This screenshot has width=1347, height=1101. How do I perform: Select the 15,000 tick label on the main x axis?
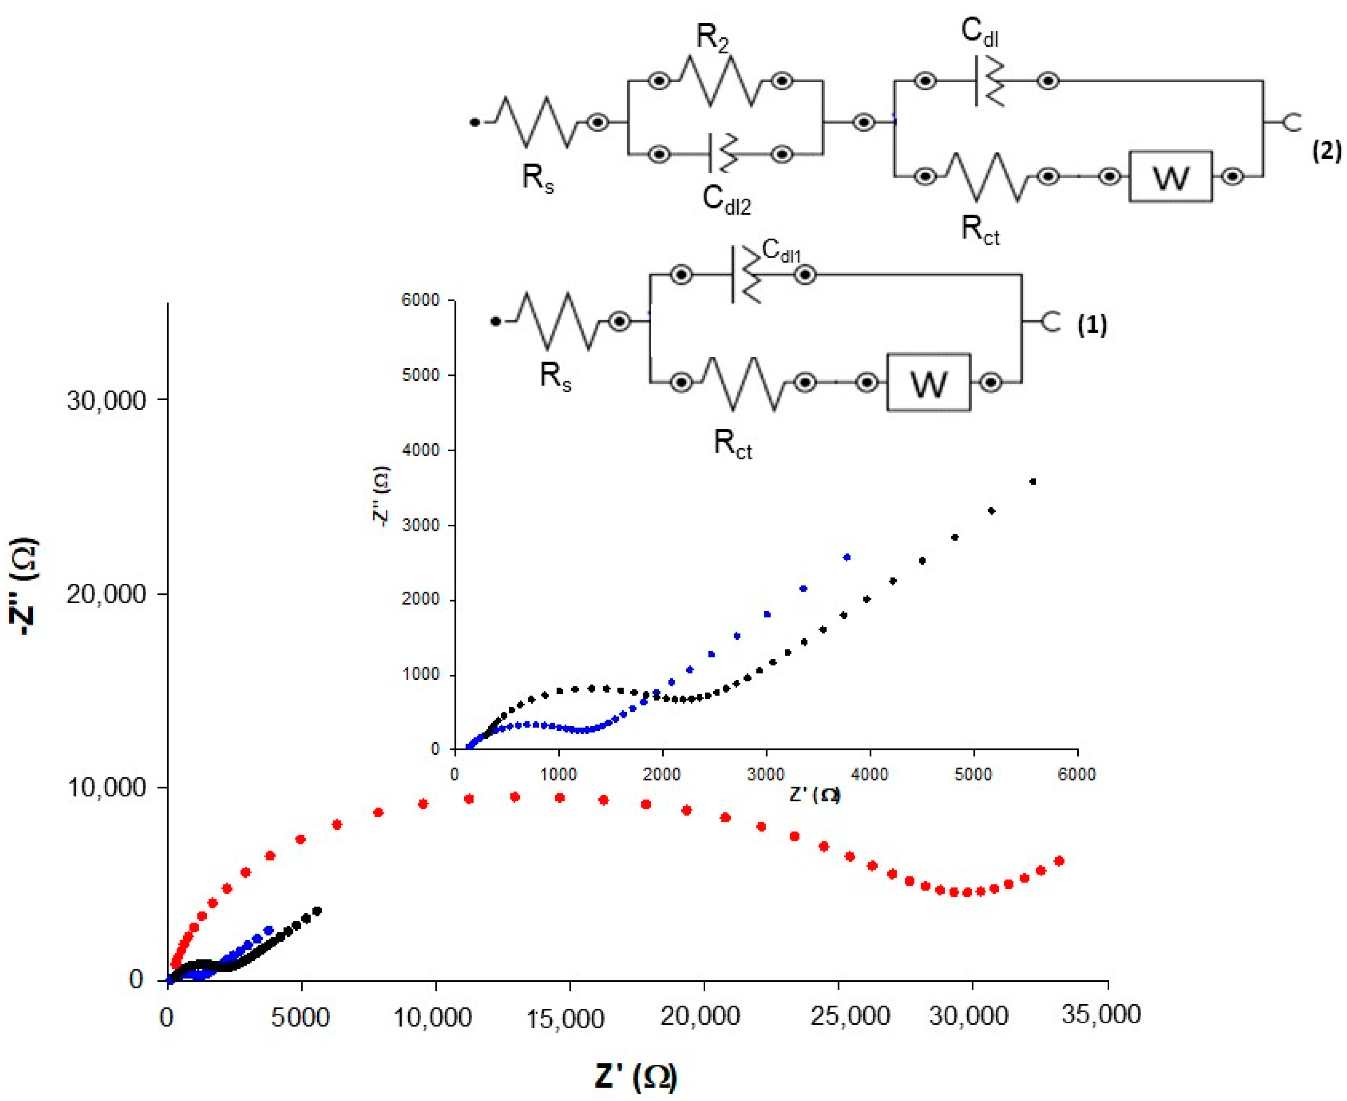pos(565,1019)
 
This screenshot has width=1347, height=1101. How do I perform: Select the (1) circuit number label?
pos(1092,325)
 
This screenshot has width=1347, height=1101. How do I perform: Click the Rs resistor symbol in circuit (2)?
pos(536,123)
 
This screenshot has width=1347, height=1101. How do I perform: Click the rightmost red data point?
pos(1058,860)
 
